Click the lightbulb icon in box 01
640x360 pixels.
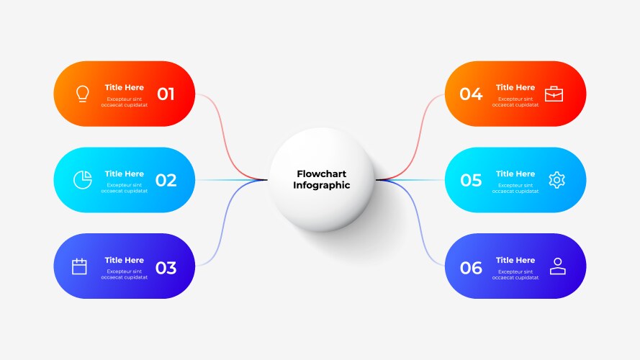click(83, 94)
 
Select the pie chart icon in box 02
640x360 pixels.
click(82, 180)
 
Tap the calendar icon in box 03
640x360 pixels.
click(79, 266)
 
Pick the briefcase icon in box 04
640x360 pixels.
click(554, 94)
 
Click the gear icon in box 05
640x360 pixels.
click(556, 180)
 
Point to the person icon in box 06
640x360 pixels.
click(557, 266)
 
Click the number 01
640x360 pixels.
click(166, 94)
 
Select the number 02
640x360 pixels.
click(166, 181)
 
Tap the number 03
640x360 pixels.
click(166, 268)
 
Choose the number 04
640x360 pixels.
click(471, 94)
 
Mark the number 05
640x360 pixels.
click(471, 181)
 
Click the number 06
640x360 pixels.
click(471, 268)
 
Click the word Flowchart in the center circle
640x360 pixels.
click(321, 174)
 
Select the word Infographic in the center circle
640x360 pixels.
click(321, 186)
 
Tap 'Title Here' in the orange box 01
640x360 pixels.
click(124, 88)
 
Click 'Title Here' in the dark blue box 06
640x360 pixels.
click(515, 260)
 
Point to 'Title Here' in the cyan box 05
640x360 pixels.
click(515, 174)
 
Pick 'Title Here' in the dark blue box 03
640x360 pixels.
click(124, 260)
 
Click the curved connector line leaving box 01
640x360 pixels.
click(223, 130)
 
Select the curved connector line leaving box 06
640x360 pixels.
click(418, 230)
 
